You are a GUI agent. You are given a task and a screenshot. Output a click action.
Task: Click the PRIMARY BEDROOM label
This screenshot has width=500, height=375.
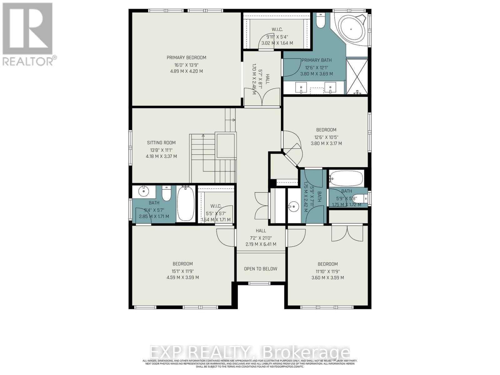186,57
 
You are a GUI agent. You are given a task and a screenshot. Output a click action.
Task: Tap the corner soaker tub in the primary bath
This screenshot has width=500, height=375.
351,29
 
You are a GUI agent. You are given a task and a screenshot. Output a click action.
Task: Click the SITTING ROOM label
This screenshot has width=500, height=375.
161,143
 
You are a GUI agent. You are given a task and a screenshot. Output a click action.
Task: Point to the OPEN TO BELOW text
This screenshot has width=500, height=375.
261,269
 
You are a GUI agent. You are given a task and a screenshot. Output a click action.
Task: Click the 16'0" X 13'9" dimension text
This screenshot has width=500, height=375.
186,65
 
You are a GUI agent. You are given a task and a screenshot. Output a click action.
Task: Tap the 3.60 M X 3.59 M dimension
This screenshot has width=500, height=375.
328,277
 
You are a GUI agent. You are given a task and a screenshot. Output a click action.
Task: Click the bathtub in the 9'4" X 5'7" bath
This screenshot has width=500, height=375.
186,203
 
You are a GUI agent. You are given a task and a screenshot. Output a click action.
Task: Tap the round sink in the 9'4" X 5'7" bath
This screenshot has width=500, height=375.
144,191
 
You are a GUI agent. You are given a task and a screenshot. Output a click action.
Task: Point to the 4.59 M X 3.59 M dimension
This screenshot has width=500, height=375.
183,277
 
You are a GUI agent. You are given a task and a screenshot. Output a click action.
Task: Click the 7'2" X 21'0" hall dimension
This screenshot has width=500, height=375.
261,237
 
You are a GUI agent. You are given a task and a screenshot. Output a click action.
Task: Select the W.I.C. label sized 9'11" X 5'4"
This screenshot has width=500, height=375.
277,29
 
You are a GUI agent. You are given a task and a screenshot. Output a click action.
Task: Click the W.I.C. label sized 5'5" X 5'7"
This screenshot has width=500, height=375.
216,206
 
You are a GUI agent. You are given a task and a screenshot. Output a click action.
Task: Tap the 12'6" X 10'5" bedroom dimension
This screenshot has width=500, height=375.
326,137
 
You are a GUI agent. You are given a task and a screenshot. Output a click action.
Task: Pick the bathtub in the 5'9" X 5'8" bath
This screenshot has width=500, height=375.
346,179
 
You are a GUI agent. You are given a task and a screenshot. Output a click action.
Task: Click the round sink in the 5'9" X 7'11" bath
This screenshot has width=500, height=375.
293,206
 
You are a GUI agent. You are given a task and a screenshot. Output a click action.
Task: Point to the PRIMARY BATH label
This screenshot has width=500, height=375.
317,60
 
